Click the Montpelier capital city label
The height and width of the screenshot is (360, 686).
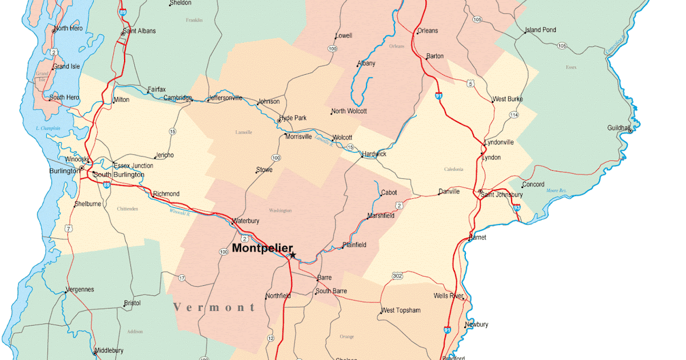[262, 249]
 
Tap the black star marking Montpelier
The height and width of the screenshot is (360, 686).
[293, 255]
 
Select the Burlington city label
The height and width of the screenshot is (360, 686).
[64, 171]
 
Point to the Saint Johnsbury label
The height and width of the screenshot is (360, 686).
[502, 195]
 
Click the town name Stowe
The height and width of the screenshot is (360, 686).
[264, 170]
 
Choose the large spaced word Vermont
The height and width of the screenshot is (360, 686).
[215, 307]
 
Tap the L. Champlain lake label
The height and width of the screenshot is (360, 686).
[47, 128]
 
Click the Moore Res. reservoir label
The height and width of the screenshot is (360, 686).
[556, 190]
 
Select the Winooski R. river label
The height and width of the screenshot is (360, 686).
[180, 213]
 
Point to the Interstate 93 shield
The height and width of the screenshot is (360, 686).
[516, 208]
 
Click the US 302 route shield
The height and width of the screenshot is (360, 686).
[397, 276]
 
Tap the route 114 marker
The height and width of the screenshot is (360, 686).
[514, 115]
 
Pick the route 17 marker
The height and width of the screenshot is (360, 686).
[182, 278]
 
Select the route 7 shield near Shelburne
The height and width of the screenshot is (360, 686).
[69, 229]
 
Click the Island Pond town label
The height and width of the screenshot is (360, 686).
[540, 30]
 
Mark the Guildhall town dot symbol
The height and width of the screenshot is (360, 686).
[630, 130]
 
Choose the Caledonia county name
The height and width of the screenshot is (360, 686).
[454, 169]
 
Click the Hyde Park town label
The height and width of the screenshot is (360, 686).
[293, 118]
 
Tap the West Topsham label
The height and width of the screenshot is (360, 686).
[401, 310]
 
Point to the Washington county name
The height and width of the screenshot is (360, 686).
[280, 211]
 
